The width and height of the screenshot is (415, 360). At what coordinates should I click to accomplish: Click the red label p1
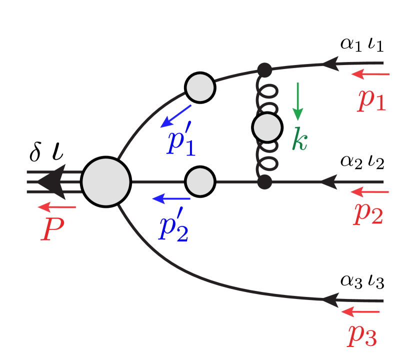pos(372,100)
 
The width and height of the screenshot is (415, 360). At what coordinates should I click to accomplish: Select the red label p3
pos(362,336)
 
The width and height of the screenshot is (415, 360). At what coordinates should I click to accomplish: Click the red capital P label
pos(52,230)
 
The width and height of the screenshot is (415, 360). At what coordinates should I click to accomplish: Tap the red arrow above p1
pos(370,74)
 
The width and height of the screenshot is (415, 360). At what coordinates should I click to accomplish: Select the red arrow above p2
pos(369,192)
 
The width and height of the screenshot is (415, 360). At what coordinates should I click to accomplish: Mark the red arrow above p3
pos(360,312)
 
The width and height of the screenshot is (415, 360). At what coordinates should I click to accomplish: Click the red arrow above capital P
pos(57,207)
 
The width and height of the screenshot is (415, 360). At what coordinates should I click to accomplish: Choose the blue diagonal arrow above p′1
pos(175,116)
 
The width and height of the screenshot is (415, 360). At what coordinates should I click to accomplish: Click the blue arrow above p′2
pos(171,199)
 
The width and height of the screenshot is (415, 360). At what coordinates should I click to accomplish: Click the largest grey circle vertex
pos(106,182)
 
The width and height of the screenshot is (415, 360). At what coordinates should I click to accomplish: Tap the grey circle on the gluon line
pos(267,127)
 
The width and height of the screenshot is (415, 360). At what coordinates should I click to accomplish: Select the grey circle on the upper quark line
pos(200,87)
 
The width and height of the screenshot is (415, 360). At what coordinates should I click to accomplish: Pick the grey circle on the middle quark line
pos(200,181)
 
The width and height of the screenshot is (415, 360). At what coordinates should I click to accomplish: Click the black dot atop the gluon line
pos(264,70)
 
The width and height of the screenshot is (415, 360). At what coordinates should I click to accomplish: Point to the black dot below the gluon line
pos(264,181)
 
